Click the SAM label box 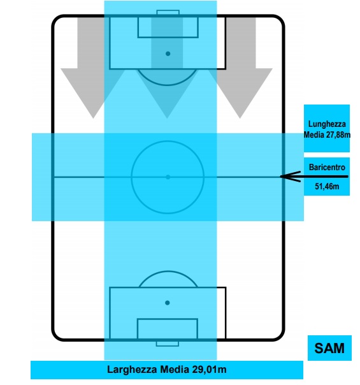coord(329,347)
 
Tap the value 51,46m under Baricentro coord(327,187)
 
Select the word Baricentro coord(327,167)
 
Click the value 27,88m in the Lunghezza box coord(338,134)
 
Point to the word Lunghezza coord(327,124)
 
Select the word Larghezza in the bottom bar coord(132,370)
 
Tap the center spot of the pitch coord(168,177)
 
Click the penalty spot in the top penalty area coord(168,54)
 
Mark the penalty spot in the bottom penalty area coord(168,303)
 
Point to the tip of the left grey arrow coord(93,119)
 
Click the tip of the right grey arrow coord(240,119)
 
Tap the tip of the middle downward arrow coord(167,119)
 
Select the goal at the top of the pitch coord(168,13)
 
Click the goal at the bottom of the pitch coord(168,344)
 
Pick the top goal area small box coord(168,27)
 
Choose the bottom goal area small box coord(168,329)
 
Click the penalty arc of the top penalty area coord(167,85)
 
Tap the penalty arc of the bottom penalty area coord(168,272)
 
